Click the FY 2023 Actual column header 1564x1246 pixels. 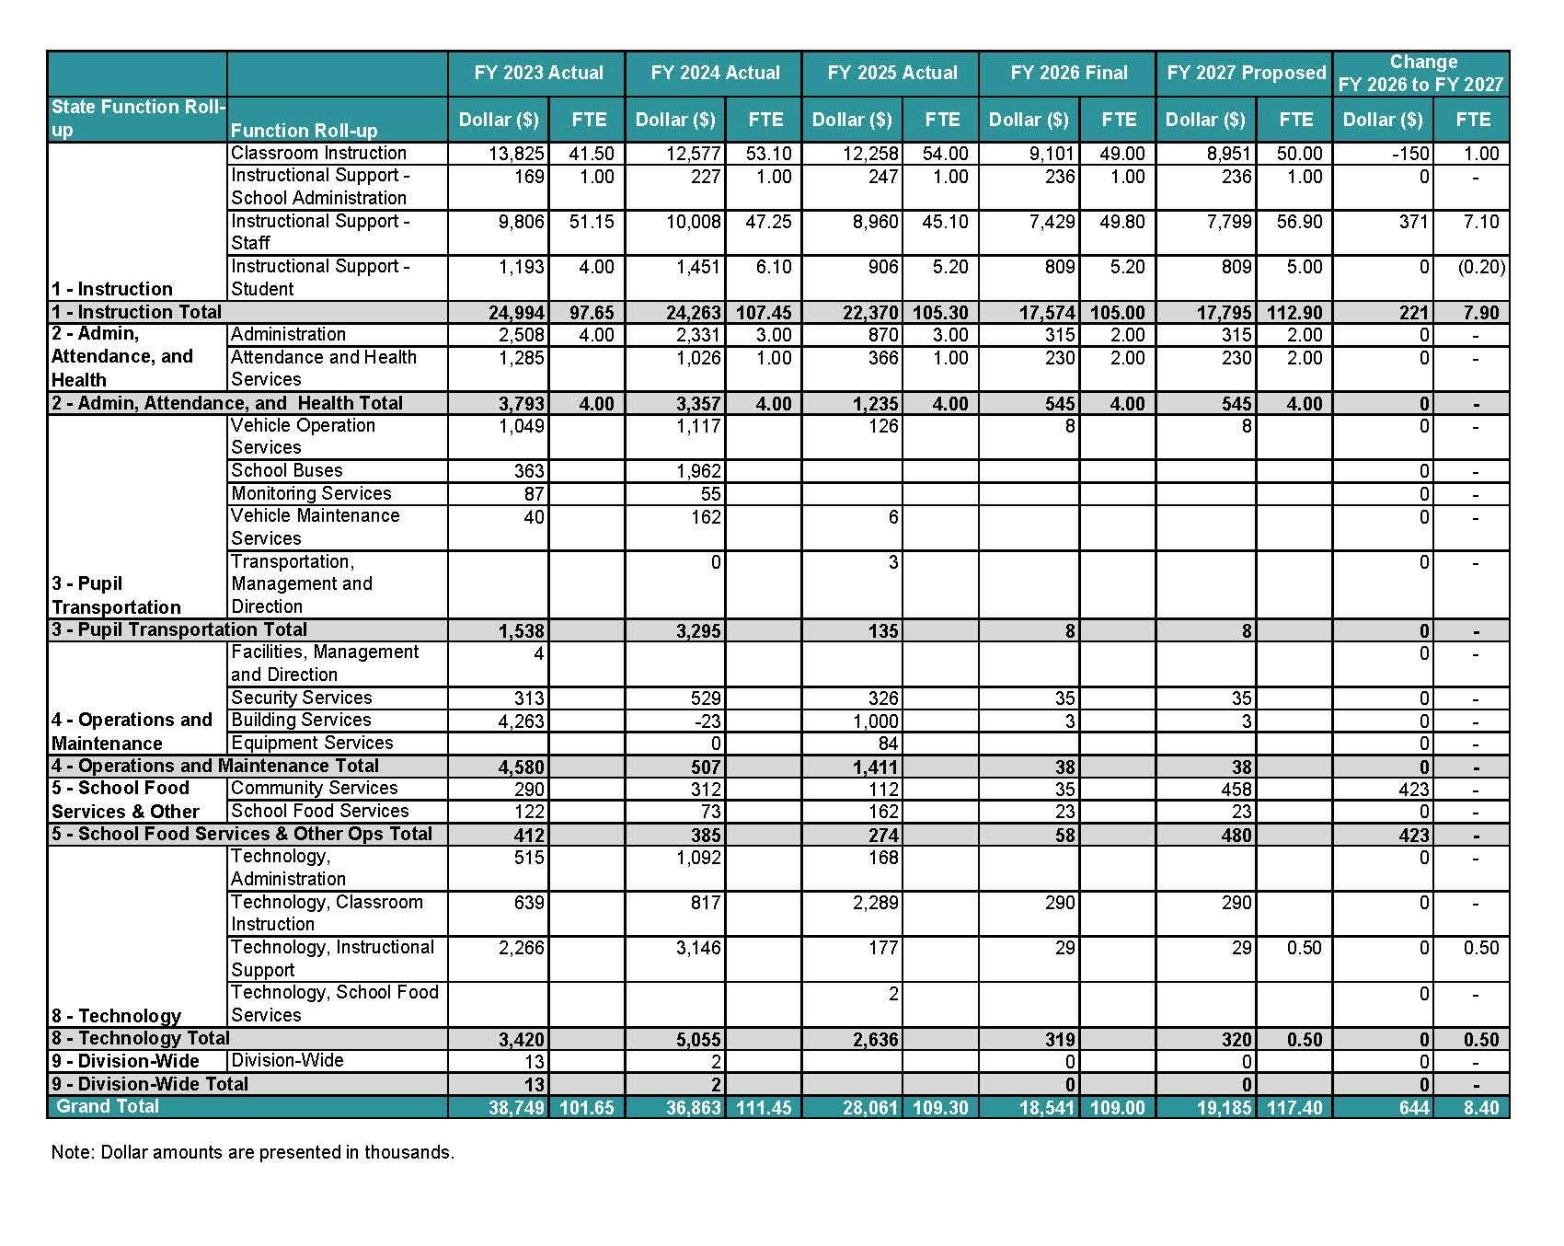pyautogui.click(x=538, y=73)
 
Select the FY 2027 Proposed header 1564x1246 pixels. pyautogui.click(x=1246, y=73)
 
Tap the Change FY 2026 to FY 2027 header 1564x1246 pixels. pyautogui.click(x=1421, y=73)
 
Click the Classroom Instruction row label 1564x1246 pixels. pyautogui.click(x=318, y=153)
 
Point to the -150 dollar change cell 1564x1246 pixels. pyautogui.click(x=1409, y=154)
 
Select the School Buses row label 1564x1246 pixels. pyautogui.click(x=287, y=470)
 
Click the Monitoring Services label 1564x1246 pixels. pyautogui.click(x=311, y=493)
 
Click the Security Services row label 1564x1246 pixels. pyautogui.click(x=301, y=698)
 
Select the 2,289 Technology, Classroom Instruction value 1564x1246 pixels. pyautogui.click(x=875, y=903)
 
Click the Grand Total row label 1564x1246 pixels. pyautogui.click(x=108, y=1106)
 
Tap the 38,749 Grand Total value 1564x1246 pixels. pyautogui.click(x=516, y=1107)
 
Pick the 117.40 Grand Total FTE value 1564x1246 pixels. pyautogui.click(x=1294, y=1107)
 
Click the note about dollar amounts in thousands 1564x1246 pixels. pyautogui.click(x=253, y=1152)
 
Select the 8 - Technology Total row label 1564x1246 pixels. pyautogui.click(x=141, y=1038)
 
